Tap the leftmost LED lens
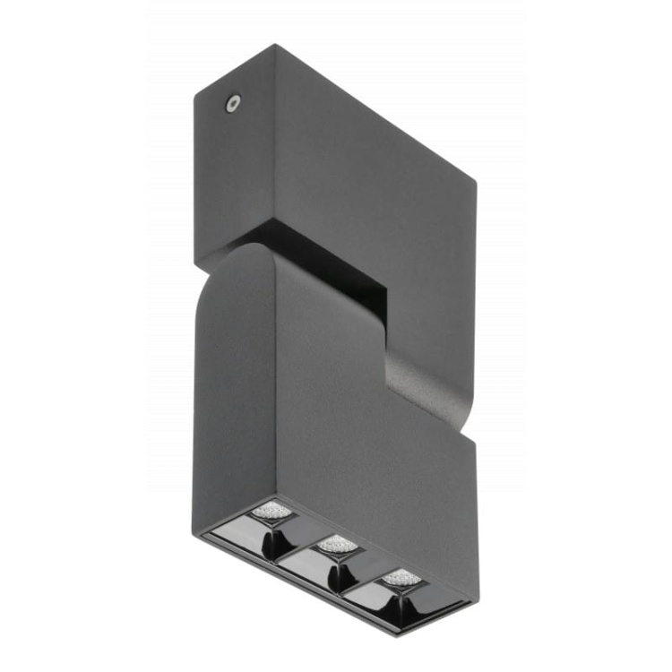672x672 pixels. (271, 512)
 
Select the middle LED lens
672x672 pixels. (336, 543)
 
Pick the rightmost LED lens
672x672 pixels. (401, 577)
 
